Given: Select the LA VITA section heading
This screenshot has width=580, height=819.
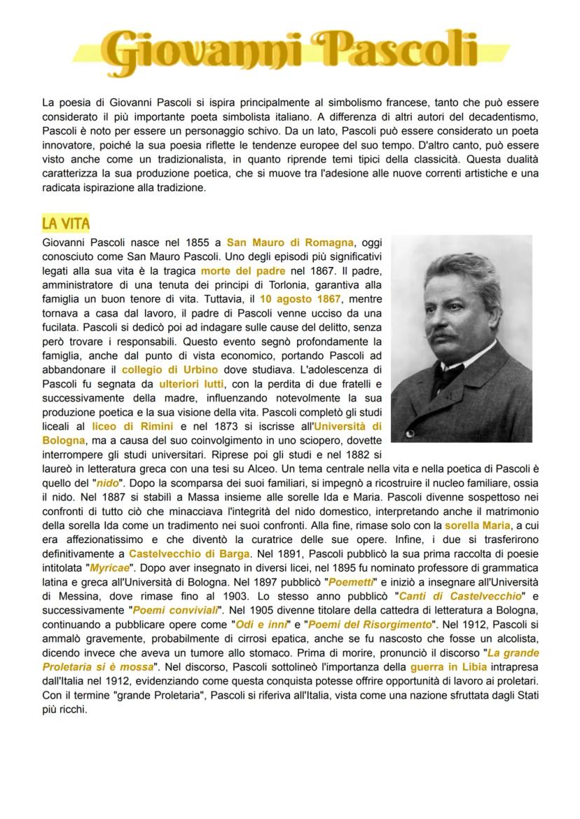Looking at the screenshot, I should pyautogui.click(x=66, y=223).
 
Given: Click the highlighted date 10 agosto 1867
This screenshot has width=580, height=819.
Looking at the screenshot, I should pyautogui.click(x=301, y=298).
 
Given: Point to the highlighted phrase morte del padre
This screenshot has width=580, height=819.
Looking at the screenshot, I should pyautogui.click(x=242, y=270).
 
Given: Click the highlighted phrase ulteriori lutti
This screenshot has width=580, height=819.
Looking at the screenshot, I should pyautogui.click(x=191, y=384).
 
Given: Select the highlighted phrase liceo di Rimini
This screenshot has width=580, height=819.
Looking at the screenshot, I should pyautogui.click(x=132, y=426).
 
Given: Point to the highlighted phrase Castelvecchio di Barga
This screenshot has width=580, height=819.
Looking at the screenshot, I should pyautogui.click(x=189, y=553).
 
